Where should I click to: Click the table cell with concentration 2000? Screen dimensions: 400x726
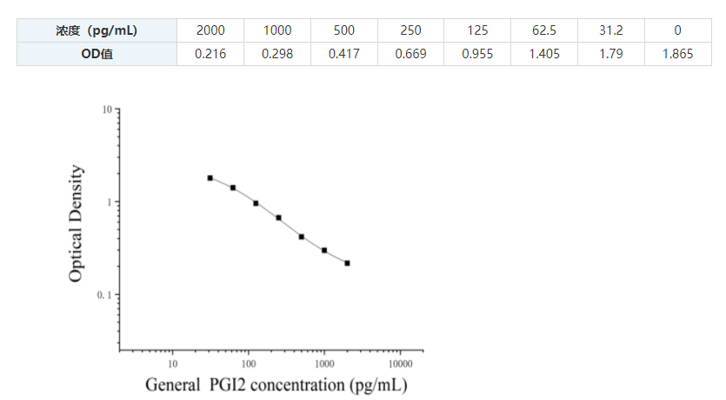pyautogui.click(x=210, y=30)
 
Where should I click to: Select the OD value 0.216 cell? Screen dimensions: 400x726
pyautogui.click(x=210, y=54)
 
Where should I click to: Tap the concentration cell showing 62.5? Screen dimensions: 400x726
pyautogui.click(x=544, y=30)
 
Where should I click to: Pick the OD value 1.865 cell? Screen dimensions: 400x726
pyautogui.click(x=677, y=54)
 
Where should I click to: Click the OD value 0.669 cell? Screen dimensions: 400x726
pyautogui.click(x=410, y=54)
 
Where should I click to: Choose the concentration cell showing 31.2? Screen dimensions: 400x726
pyautogui.click(x=610, y=30)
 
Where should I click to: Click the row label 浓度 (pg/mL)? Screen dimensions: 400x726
pyautogui.click(x=97, y=30)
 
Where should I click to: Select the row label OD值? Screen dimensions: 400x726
pyautogui.click(x=97, y=54)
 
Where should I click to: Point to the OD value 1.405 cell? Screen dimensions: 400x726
pyautogui.click(x=544, y=54)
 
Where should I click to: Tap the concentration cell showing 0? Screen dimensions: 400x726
pyautogui.click(x=677, y=30)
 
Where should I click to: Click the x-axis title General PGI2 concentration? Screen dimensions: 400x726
pyautogui.click(x=276, y=384)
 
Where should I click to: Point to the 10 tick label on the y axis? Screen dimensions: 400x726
pyautogui.click(x=107, y=110)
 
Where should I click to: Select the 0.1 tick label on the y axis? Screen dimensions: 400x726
pyautogui.click(x=104, y=296)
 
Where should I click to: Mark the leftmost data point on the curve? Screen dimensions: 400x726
pyautogui.click(x=210, y=178)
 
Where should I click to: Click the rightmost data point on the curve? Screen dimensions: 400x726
pyautogui.click(x=347, y=263)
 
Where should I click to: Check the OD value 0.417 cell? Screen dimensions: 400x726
pyautogui.click(x=343, y=54)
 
